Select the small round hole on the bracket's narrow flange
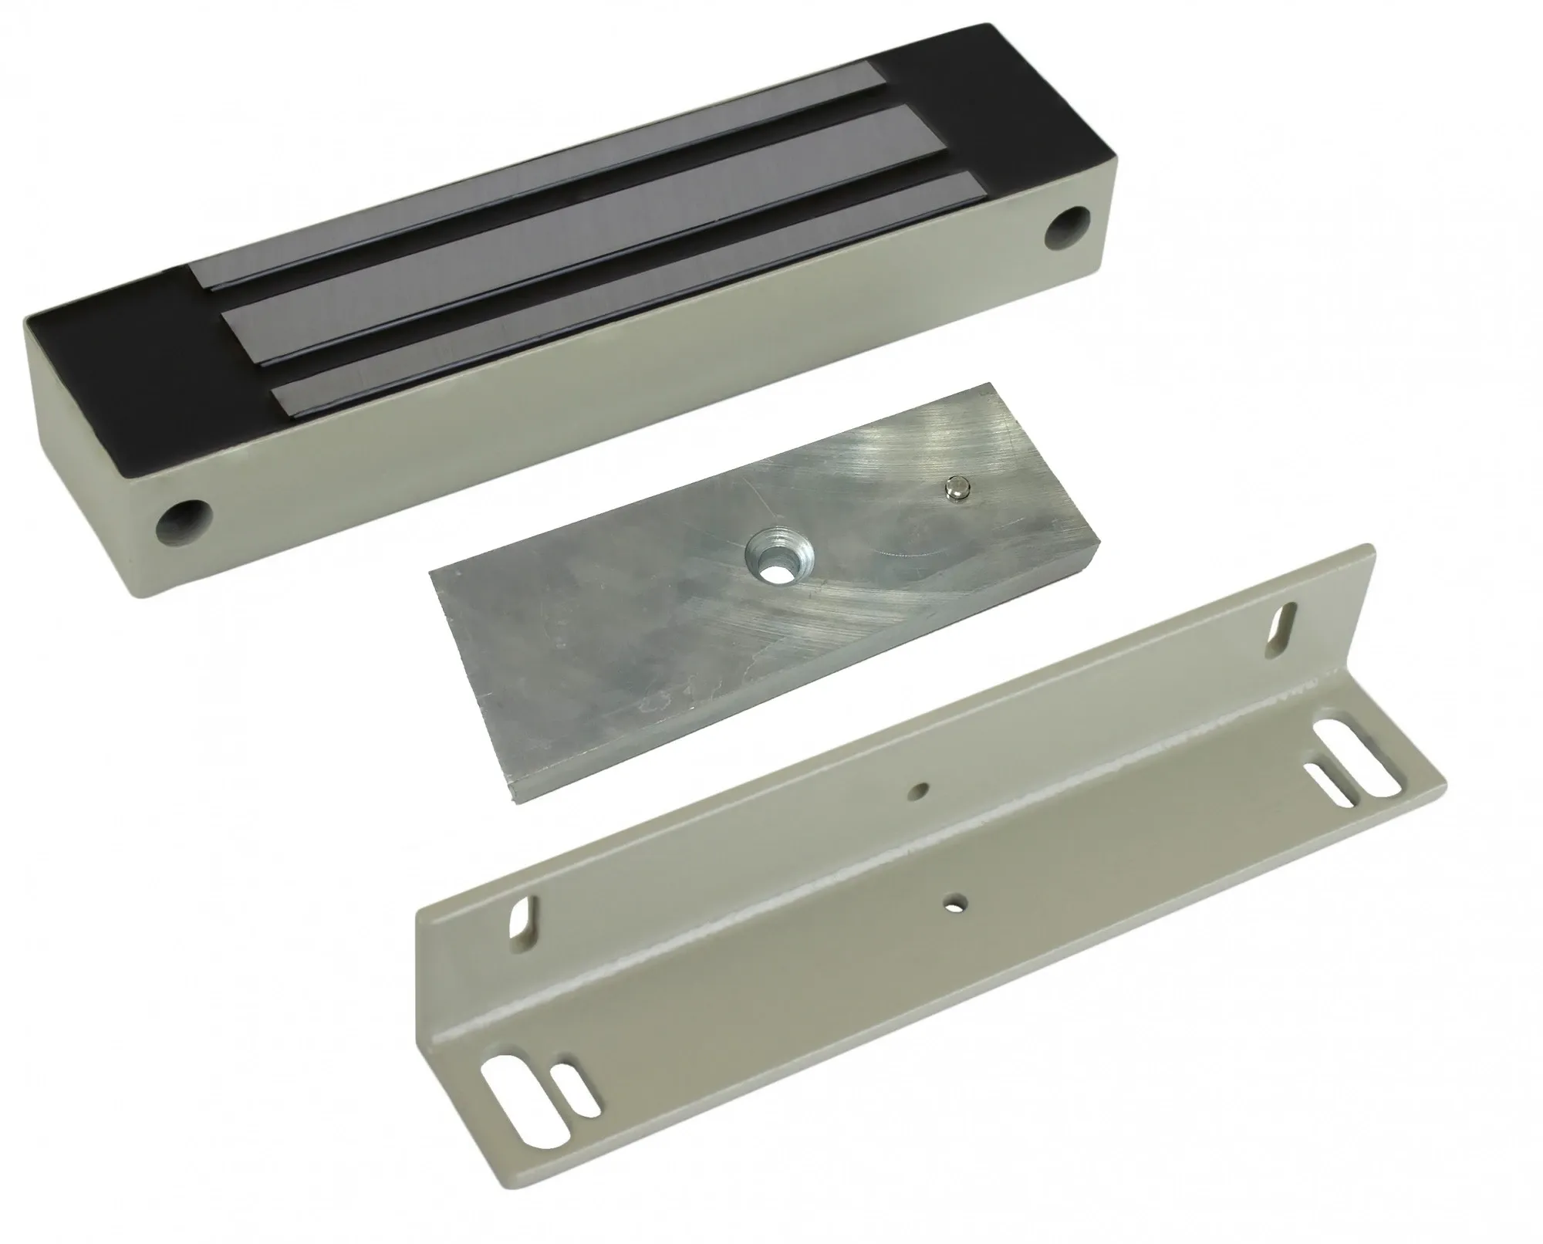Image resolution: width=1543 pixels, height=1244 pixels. (x=920, y=789)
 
